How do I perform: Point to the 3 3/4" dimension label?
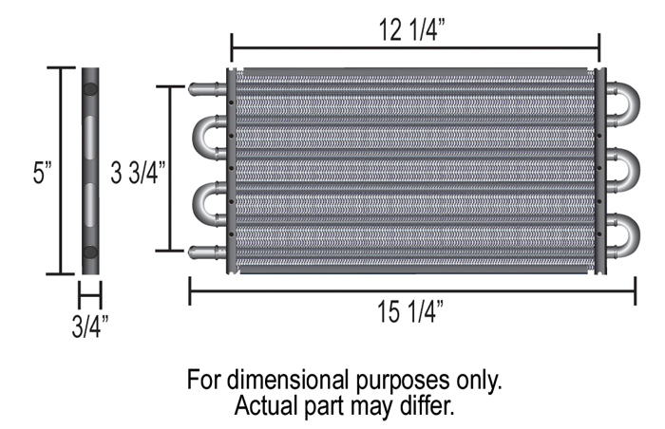[x=138, y=173]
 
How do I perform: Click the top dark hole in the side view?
[x=90, y=89]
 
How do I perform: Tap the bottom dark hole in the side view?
[x=90, y=252]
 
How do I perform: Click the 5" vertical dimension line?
[x=62, y=171]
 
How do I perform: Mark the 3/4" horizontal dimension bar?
[x=90, y=295]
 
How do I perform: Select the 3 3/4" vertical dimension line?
[x=170, y=169]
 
